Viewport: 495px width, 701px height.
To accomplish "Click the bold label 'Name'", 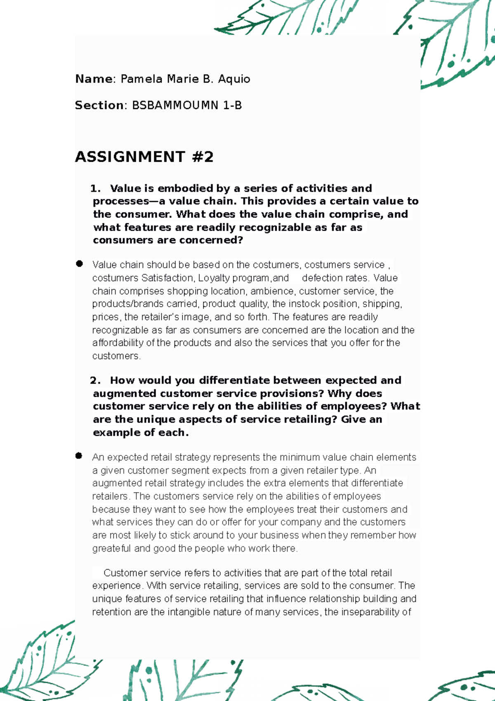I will pyautogui.click(x=94, y=79).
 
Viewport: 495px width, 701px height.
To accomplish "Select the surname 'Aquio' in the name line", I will pyautogui.click(x=234, y=79).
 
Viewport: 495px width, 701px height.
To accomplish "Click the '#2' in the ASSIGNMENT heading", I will pyautogui.click(x=203, y=157).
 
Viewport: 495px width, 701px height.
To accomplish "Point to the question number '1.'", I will pyautogui.click(x=95, y=189).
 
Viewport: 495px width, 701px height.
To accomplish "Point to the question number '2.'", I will pyautogui.click(x=95, y=380).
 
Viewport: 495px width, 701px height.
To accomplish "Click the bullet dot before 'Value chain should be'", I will pyautogui.click(x=79, y=264).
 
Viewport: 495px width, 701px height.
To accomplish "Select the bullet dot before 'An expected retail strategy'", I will pyautogui.click(x=79, y=456).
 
